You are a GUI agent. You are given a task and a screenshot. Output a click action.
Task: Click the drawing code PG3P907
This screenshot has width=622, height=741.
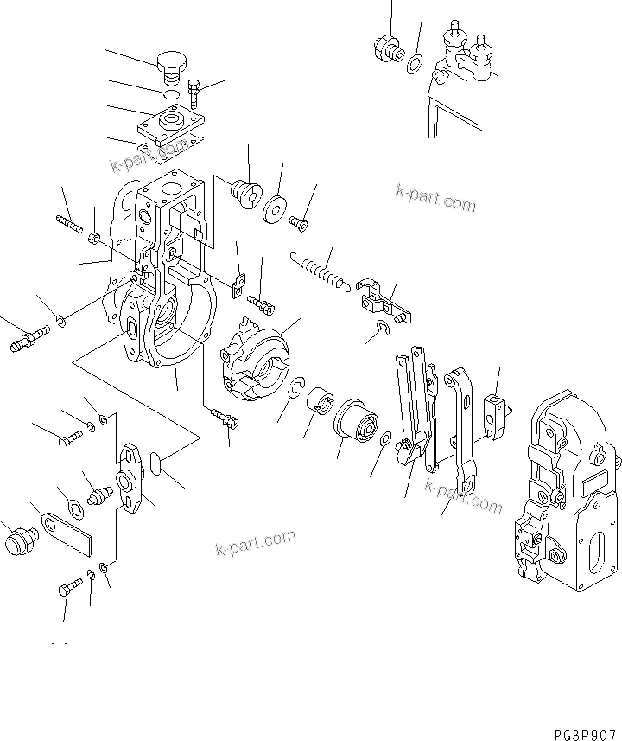point(579,731)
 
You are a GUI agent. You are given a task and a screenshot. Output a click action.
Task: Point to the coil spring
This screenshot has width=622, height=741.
point(320,269)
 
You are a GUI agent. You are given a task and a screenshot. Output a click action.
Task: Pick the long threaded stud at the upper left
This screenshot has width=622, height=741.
point(69,224)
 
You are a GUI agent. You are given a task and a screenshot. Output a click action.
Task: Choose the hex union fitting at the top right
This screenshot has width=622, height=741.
point(384,48)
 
